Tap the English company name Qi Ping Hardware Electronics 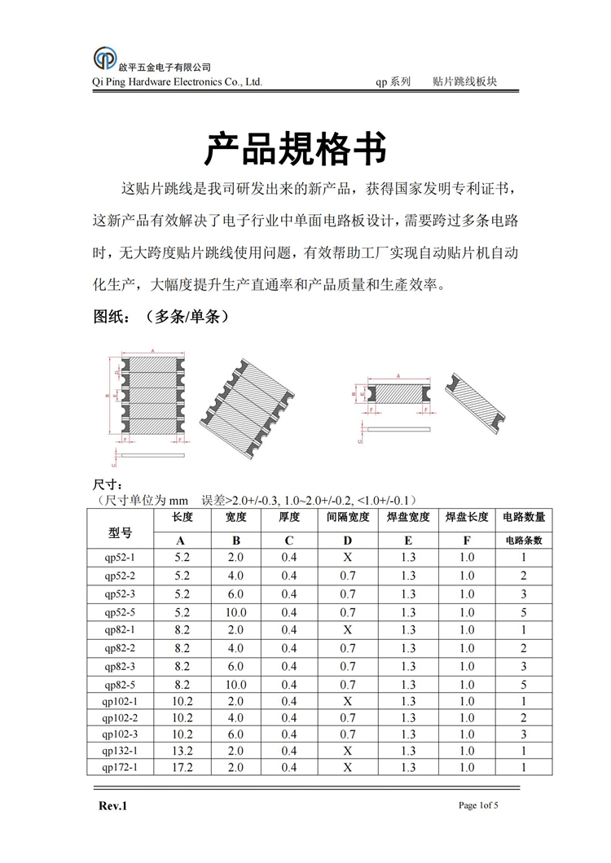tap(178, 82)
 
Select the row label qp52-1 tap(120, 558)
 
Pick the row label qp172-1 tap(120, 768)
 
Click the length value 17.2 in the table tap(182, 768)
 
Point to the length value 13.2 tap(182, 751)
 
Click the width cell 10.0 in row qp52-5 tap(235, 612)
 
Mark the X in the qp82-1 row tap(347, 630)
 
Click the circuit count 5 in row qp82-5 tap(524, 684)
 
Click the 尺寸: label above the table tap(109, 486)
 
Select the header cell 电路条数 tap(524, 541)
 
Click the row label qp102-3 tap(120, 734)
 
